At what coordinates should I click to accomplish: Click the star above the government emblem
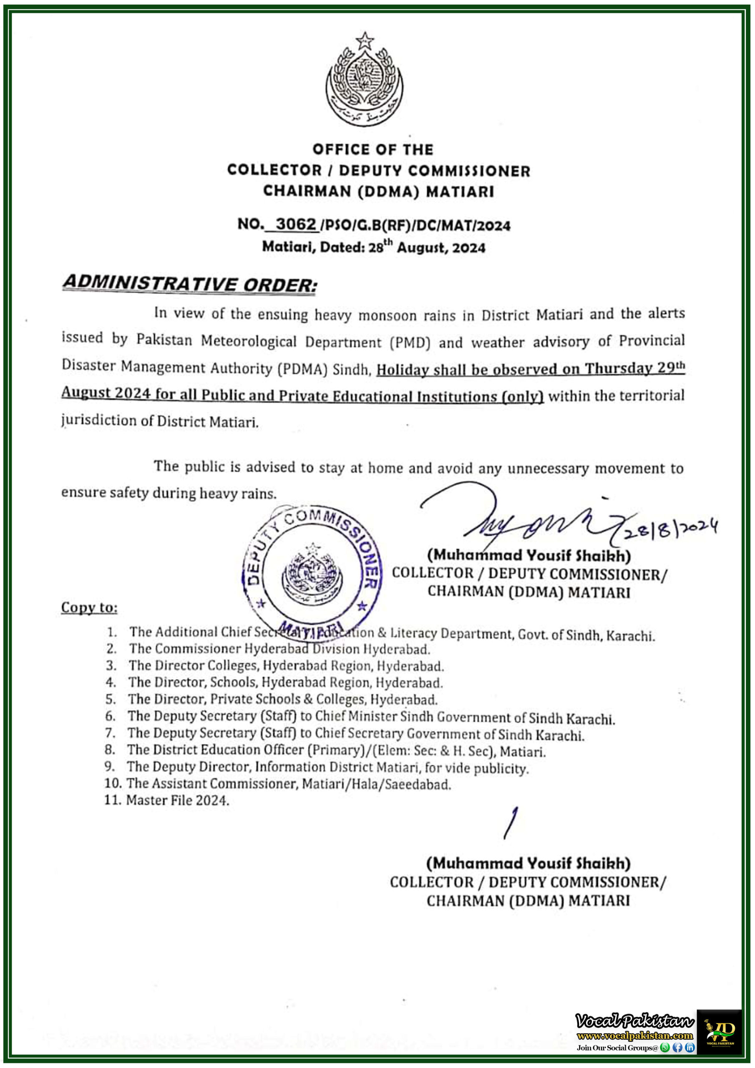click(365, 41)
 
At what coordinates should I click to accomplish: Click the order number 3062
click(296, 224)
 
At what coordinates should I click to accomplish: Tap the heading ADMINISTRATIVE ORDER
click(189, 283)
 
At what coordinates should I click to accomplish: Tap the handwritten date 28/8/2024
click(670, 529)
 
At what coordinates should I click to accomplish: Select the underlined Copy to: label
click(89, 607)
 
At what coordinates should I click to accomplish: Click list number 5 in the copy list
click(110, 699)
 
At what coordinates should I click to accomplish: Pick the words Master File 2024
click(178, 800)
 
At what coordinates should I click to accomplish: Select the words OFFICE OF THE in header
click(372, 149)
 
